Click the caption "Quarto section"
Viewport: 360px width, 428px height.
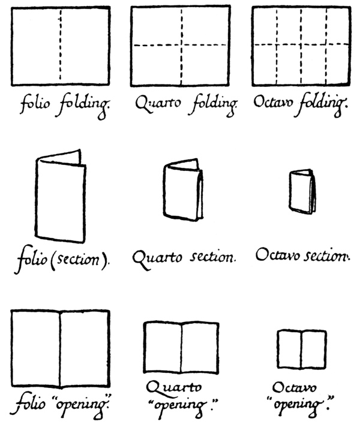pyautogui.click(x=183, y=258)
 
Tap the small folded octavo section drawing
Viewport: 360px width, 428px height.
pyautogui.click(x=302, y=192)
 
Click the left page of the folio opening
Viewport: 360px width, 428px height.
pyautogui.click(x=36, y=348)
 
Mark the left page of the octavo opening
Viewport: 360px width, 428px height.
pyautogui.click(x=289, y=349)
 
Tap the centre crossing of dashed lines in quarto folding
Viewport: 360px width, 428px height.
pyautogui.click(x=181, y=45)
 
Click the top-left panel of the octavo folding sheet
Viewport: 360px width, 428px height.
pyautogui.click(x=265, y=26)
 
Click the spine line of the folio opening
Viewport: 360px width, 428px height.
pyautogui.click(x=61, y=348)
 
